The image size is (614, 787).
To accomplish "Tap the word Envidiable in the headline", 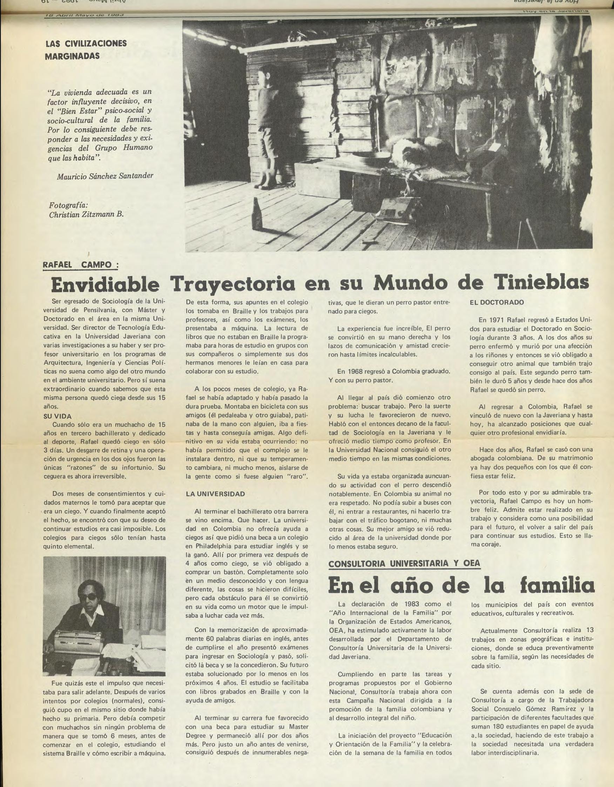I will coord(105,285).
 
